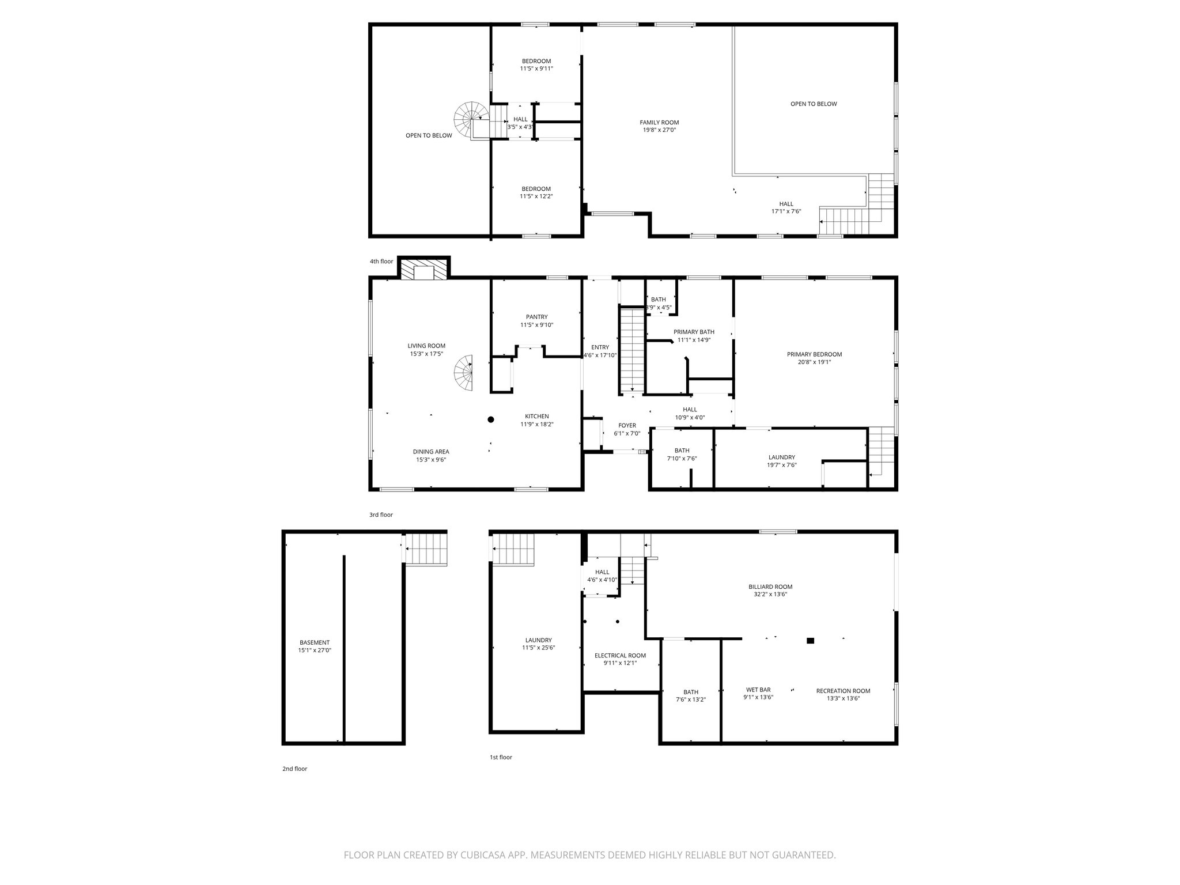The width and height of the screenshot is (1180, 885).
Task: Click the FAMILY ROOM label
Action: [659, 122]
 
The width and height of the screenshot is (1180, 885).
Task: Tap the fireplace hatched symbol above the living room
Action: [425, 270]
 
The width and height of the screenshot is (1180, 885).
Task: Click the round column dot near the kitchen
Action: [491, 419]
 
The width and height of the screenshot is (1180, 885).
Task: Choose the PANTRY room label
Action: [536, 317]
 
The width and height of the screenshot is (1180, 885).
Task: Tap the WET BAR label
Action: [758, 690]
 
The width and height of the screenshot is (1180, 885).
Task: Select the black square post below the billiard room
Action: [810, 640]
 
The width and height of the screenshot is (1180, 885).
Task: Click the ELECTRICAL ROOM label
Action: [620, 655]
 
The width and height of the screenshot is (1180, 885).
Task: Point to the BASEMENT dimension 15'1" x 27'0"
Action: [315, 650]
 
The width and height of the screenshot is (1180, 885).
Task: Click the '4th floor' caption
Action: [381, 262]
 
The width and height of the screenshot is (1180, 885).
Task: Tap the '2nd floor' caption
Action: [294, 769]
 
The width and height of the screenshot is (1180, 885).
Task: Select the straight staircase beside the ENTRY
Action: [631, 350]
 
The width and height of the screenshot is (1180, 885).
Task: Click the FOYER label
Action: [627, 426]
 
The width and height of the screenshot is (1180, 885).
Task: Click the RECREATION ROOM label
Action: [843, 690]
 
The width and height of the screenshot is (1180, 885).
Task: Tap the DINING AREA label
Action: [430, 452]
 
